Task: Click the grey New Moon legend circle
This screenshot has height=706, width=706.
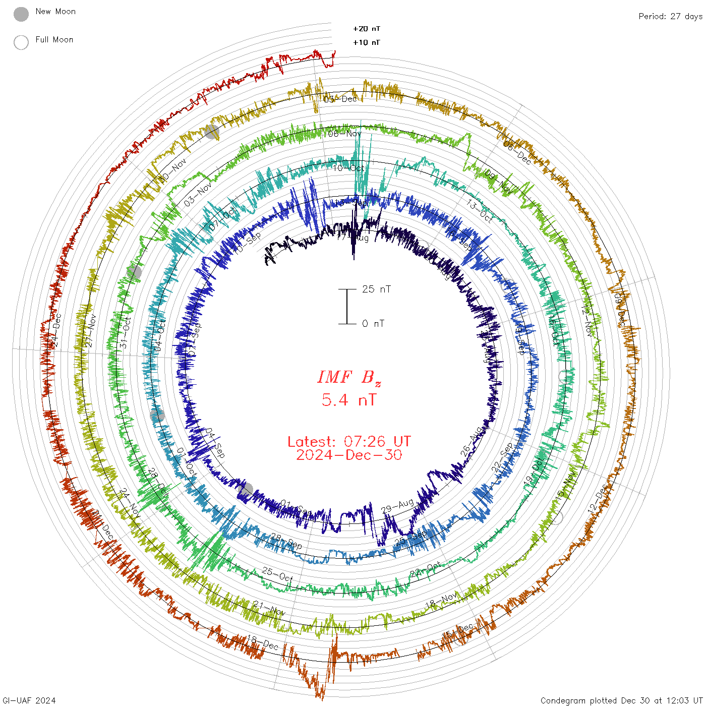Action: point(21,15)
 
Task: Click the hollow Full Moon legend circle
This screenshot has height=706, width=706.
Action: point(21,42)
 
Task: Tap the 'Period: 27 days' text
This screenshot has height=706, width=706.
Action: point(670,16)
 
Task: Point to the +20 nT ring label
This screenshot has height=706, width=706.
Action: point(367,29)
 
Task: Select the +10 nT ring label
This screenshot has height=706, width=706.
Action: point(367,42)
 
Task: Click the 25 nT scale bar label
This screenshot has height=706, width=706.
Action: point(376,289)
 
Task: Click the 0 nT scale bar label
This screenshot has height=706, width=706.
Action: point(373,323)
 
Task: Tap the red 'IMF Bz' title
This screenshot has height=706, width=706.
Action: point(349,377)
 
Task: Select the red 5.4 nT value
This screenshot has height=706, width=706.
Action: point(349,400)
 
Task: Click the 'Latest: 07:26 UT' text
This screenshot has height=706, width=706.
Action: point(349,442)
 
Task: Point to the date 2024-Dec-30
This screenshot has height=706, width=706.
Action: point(349,455)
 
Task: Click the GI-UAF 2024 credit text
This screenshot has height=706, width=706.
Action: point(29,700)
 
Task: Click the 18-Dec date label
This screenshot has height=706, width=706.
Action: point(262,642)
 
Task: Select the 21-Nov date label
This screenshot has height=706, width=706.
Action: point(269,608)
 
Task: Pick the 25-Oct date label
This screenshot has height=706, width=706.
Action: point(277,574)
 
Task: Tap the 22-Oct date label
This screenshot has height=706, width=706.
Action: point(425,570)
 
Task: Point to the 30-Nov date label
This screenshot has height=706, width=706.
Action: point(172,171)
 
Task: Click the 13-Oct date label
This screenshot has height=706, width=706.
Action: point(480,211)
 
